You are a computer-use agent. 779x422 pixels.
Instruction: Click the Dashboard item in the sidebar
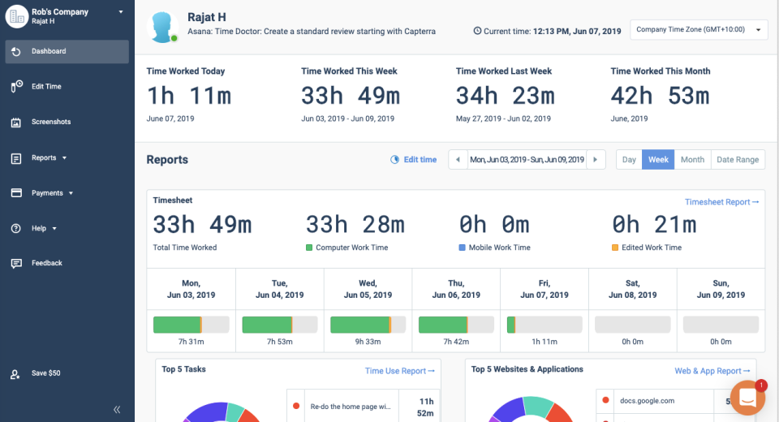point(49,51)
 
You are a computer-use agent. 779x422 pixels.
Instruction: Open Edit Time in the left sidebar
point(46,87)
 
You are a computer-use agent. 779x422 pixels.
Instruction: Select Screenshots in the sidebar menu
point(50,122)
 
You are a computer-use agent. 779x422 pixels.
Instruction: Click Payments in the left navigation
point(47,193)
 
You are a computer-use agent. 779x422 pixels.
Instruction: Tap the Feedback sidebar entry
point(46,263)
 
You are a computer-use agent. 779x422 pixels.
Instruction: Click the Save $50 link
point(45,373)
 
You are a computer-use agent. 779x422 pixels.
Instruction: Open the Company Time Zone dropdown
point(698,30)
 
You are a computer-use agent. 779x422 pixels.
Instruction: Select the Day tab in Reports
point(629,160)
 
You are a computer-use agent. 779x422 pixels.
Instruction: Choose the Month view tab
point(692,160)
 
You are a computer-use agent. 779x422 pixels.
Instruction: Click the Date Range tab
point(738,160)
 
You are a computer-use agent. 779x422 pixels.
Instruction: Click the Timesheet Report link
point(721,202)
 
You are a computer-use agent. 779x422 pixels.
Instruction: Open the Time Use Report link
point(399,371)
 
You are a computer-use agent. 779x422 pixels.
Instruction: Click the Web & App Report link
point(712,371)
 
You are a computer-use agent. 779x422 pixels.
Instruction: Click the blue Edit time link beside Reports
point(414,160)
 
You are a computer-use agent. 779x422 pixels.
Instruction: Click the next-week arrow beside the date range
point(596,160)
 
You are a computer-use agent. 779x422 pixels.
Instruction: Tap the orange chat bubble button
point(747,398)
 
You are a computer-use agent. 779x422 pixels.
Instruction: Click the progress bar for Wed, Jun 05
point(368,325)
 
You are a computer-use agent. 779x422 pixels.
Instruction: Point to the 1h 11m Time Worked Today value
point(189,96)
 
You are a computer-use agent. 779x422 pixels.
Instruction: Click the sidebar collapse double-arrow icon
point(117,410)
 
